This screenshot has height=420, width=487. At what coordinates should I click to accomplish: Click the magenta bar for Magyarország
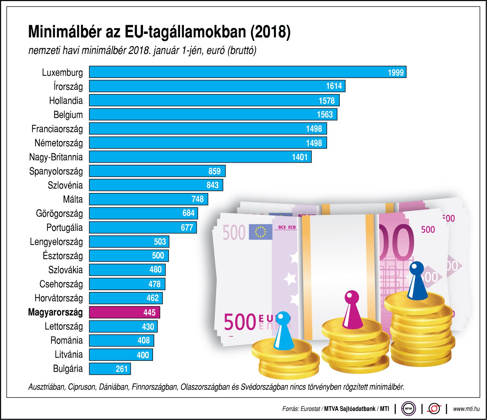124,312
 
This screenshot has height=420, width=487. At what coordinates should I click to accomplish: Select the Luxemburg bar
247,72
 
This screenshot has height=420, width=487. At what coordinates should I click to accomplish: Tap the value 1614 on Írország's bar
334,86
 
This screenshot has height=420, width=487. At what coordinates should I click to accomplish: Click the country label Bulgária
68,369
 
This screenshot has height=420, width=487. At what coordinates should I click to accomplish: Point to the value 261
121,369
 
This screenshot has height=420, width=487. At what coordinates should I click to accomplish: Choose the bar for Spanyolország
157,171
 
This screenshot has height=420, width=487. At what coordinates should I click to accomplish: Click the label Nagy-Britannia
56,157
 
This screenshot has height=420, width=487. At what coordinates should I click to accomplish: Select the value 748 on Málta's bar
197,199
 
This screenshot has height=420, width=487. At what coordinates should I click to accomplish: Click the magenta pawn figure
352,310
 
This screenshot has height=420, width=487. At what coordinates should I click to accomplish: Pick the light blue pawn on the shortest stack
283,331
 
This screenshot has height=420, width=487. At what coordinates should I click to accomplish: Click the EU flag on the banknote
260,232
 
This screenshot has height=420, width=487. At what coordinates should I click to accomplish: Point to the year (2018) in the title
270,32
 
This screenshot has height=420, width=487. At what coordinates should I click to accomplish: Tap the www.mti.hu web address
466,409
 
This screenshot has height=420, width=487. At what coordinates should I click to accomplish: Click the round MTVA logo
408,409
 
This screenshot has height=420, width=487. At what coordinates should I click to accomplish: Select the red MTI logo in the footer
434,409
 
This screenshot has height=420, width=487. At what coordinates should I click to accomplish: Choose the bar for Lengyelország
129,242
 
